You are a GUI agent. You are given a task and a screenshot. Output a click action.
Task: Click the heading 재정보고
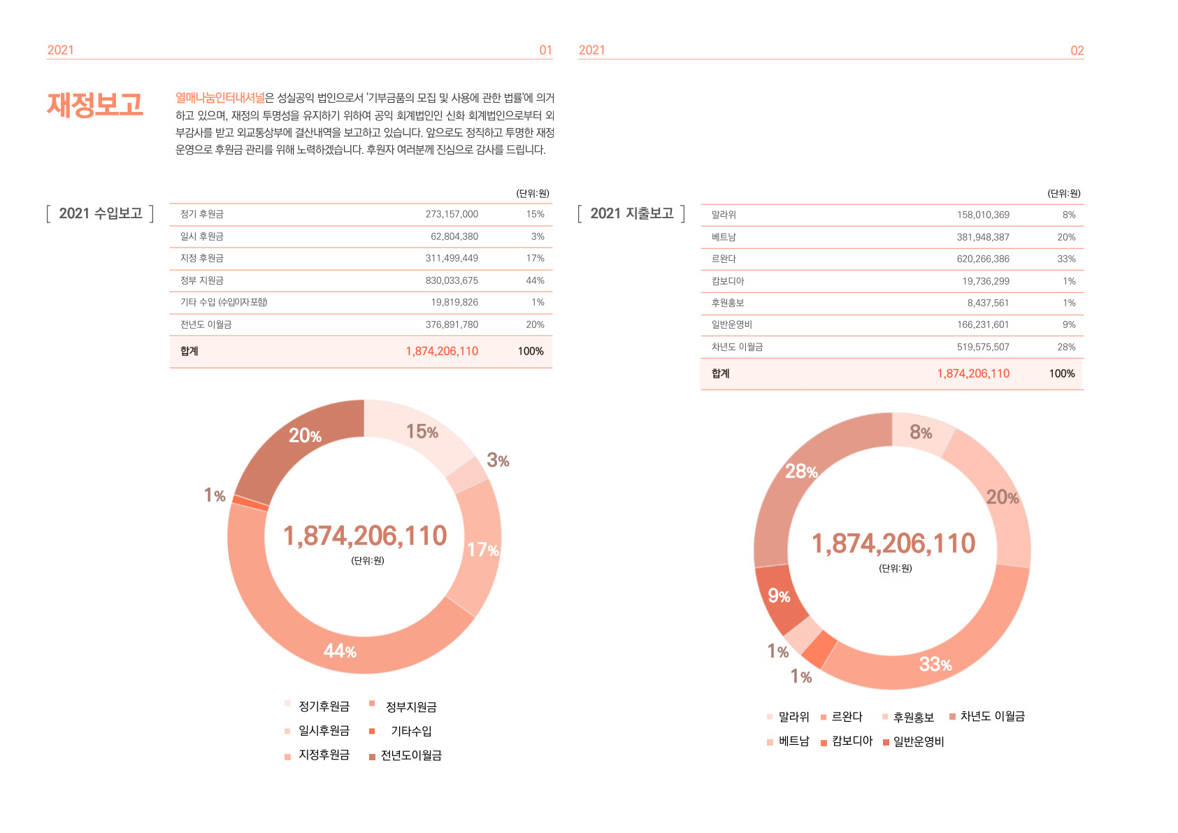click(x=95, y=105)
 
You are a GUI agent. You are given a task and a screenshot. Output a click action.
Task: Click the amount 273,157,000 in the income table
click(x=452, y=214)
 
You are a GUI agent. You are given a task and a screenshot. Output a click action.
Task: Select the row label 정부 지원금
click(x=202, y=280)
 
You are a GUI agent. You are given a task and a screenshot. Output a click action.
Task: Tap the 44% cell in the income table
click(x=535, y=280)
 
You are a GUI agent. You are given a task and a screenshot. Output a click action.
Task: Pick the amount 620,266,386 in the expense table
click(x=983, y=259)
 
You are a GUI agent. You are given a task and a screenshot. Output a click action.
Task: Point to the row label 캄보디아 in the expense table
click(x=728, y=281)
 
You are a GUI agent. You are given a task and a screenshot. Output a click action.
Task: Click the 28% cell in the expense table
click(x=1066, y=347)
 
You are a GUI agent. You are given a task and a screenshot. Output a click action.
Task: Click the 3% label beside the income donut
click(x=498, y=460)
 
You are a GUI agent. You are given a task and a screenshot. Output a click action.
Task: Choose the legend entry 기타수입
click(x=411, y=731)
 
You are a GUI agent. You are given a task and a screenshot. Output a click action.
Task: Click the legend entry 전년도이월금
click(x=411, y=755)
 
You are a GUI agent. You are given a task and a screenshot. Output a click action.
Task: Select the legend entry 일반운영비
click(x=919, y=741)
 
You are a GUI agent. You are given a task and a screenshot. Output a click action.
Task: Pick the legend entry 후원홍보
click(x=913, y=717)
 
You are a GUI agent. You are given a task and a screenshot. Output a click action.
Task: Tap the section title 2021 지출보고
click(x=632, y=213)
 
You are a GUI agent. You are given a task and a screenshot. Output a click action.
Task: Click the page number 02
click(x=1077, y=50)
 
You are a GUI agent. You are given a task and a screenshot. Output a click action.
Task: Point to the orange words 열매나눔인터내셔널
click(x=220, y=98)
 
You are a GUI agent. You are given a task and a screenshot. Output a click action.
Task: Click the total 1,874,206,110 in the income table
click(x=442, y=351)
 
